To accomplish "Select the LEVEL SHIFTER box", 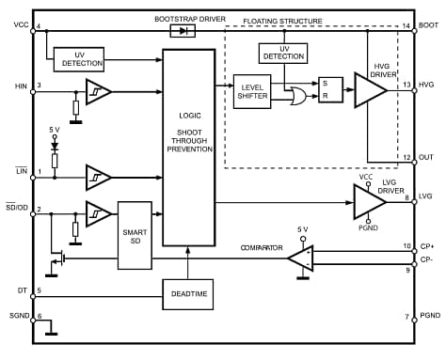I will [x=251, y=90].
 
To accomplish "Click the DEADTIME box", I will [x=188, y=293].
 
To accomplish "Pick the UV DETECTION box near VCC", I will [x=78, y=58].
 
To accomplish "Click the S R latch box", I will [x=328, y=89].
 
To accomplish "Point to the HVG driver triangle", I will [x=368, y=89].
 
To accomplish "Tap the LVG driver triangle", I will [x=368, y=200].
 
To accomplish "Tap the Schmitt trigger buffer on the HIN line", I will [x=98, y=91].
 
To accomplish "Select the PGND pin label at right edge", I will [x=429, y=318].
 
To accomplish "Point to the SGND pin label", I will [x=16, y=317].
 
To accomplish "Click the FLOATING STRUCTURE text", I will [x=282, y=20].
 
